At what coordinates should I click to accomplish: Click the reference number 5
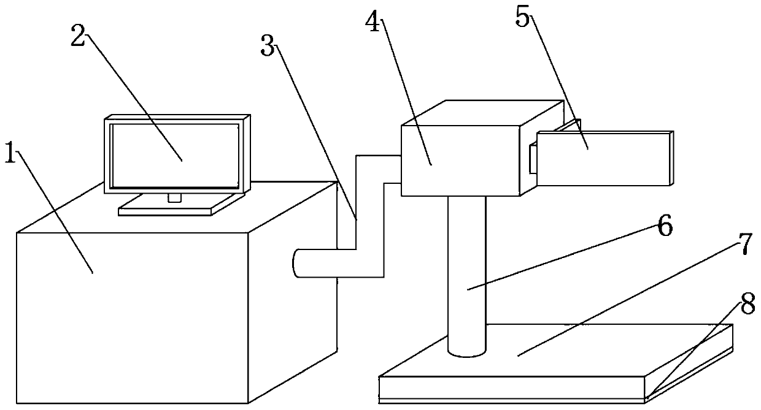522,18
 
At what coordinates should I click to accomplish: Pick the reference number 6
664,227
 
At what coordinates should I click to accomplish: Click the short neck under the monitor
174,197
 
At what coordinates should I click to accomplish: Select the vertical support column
466,276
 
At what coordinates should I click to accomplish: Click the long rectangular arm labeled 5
605,158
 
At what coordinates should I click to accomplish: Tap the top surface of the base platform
552,349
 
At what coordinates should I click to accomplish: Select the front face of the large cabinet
132,316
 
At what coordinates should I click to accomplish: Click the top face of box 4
482,113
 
